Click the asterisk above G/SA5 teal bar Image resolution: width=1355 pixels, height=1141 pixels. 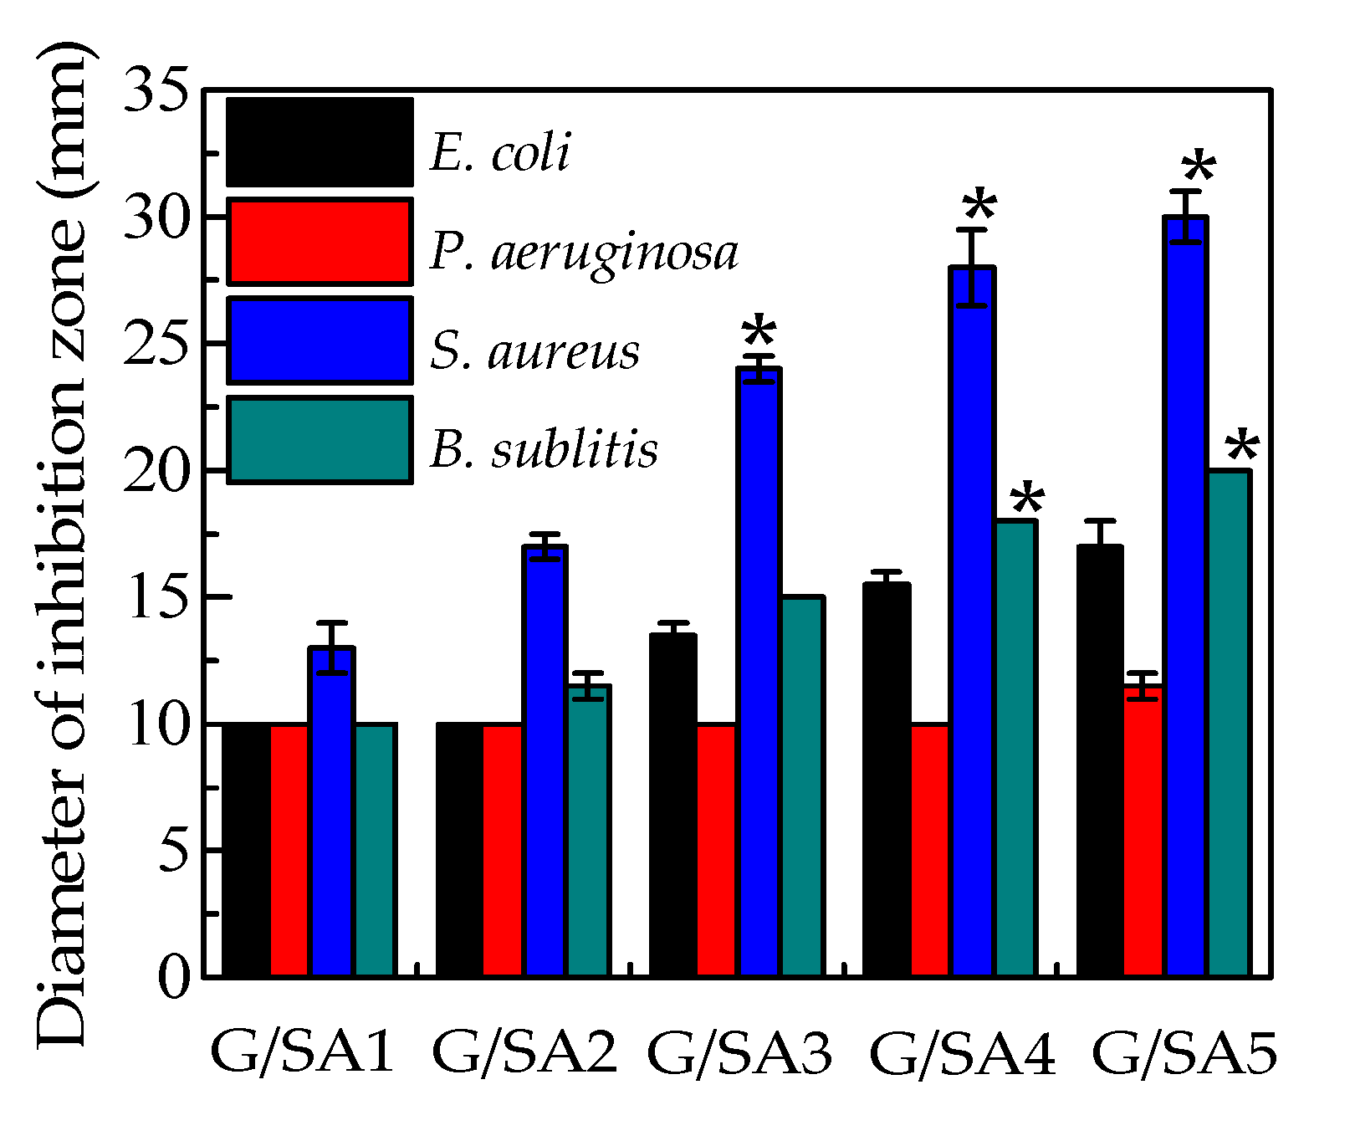click(1241, 448)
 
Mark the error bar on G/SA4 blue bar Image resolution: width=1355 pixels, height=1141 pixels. click(971, 268)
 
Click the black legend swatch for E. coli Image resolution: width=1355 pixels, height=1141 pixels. click(320, 143)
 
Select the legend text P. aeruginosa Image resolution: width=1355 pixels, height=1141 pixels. click(584, 252)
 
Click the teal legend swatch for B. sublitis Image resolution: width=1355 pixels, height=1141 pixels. click(320, 440)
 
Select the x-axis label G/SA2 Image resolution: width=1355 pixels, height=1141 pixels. click(525, 1053)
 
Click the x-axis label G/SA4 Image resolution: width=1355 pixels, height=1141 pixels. click(963, 1053)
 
